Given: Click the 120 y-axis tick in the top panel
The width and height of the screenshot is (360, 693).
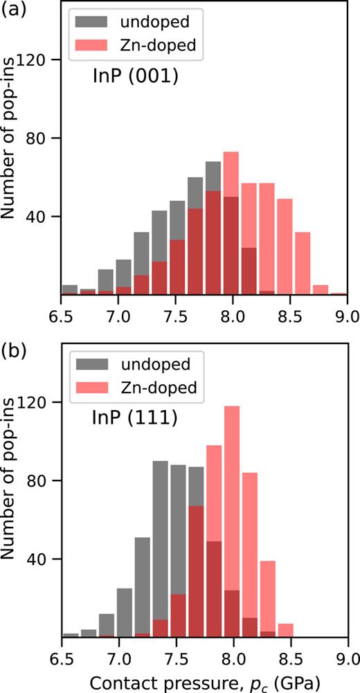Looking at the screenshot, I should coord(35,60).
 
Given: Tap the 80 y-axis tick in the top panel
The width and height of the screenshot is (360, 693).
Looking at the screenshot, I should coord(39,138).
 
